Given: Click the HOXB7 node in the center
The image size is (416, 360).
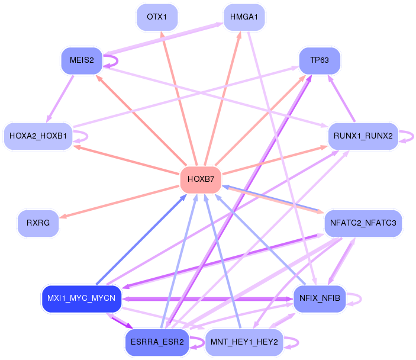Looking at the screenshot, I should pos(201,179).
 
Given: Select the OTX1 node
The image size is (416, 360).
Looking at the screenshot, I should pos(157,18).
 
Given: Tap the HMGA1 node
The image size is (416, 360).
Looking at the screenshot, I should pos(244,18).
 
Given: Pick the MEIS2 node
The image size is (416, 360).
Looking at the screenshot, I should pos(82,60).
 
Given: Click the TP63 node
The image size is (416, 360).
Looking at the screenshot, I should pos(320,60).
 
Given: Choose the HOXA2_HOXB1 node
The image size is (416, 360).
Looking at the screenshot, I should pos(38,136).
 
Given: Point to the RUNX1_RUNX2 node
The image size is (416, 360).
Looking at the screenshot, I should pos(363,136).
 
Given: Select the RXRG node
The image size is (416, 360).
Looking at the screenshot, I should pos(38,223).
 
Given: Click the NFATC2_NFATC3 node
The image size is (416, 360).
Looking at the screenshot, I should pos(363,223).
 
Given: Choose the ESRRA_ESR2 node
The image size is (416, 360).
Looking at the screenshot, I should pos(157,342).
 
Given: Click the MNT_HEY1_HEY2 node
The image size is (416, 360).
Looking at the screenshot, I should pos(244,342).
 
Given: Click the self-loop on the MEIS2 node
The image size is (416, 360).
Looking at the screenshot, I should pos(114,60).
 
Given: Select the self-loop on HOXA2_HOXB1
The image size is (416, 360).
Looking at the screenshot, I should pos(85,136).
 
